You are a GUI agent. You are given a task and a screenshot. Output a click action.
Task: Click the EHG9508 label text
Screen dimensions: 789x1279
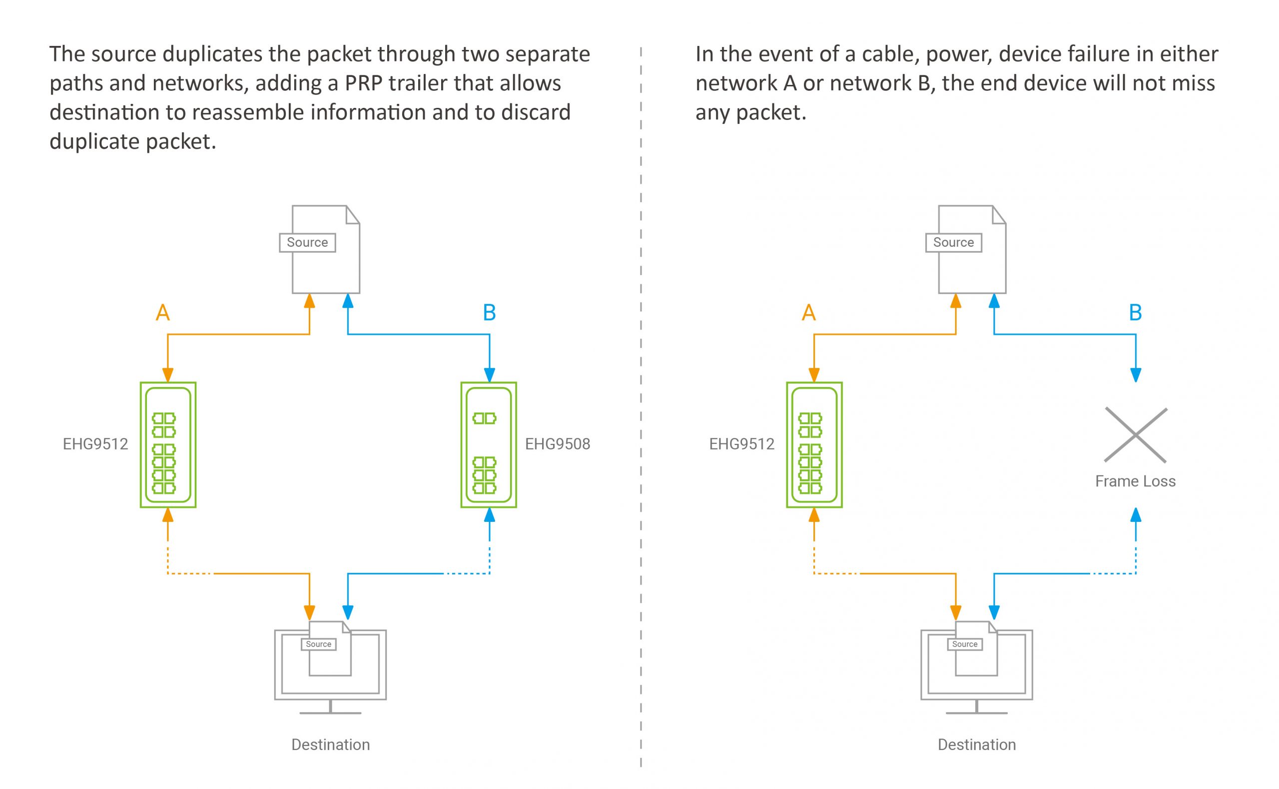pyautogui.click(x=557, y=444)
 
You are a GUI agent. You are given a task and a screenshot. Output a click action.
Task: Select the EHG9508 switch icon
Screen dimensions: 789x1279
pyautogui.click(x=489, y=444)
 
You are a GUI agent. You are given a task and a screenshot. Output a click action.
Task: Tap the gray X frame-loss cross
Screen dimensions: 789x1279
pyautogui.click(x=1136, y=434)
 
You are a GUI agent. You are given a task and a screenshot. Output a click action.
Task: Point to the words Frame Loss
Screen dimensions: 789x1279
pyautogui.click(x=1135, y=481)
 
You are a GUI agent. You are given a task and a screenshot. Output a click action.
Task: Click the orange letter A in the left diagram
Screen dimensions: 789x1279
pyautogui.click(x=163, y=313)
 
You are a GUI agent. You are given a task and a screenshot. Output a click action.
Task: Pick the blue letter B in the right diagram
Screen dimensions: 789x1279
pyautogui.click(x=1135, y=313)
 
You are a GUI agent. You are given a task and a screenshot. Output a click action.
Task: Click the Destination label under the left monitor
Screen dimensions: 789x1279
pyautogui.click(x=330, y=745)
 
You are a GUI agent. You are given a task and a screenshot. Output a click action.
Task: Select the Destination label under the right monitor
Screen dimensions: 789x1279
pyautogui.click(x=977, y=745)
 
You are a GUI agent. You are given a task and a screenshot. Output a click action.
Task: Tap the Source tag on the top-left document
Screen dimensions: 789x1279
pyautogui.click(x=307, y=243)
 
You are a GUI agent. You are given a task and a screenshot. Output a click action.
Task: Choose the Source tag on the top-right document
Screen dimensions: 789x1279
pyautogui.click(x=953, y=243)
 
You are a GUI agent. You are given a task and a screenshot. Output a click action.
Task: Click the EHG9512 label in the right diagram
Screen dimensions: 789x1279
pyautogui.click(x=741, y=444)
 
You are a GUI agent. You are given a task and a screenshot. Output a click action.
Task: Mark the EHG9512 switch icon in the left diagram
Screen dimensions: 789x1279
pyautogui.click(x=168, y=444)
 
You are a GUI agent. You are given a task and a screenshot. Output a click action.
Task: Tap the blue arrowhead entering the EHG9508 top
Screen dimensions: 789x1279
pyautogui.click(x=489, y=375)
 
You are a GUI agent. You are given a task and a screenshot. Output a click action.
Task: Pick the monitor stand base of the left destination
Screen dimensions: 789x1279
pyautogui.click(x=330, y=712)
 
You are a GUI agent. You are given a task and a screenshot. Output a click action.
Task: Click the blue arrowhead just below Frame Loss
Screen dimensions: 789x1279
pyautogui.click(x=1136, y=515)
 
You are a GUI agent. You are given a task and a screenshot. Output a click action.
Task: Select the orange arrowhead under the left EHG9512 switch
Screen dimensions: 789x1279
pyautogui.click(x=167, y=515)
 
